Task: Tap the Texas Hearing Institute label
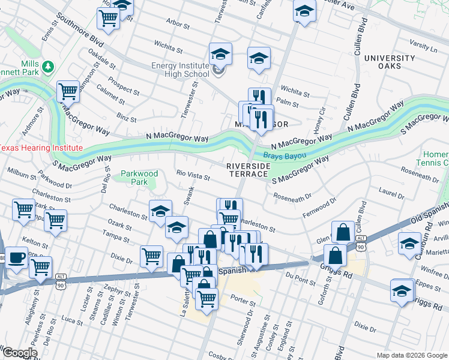(x=41, y=148)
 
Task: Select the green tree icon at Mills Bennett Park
(x=46, y=65)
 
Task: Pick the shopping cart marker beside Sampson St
(x=68, y=92)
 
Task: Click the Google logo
(x=19, y=353)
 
